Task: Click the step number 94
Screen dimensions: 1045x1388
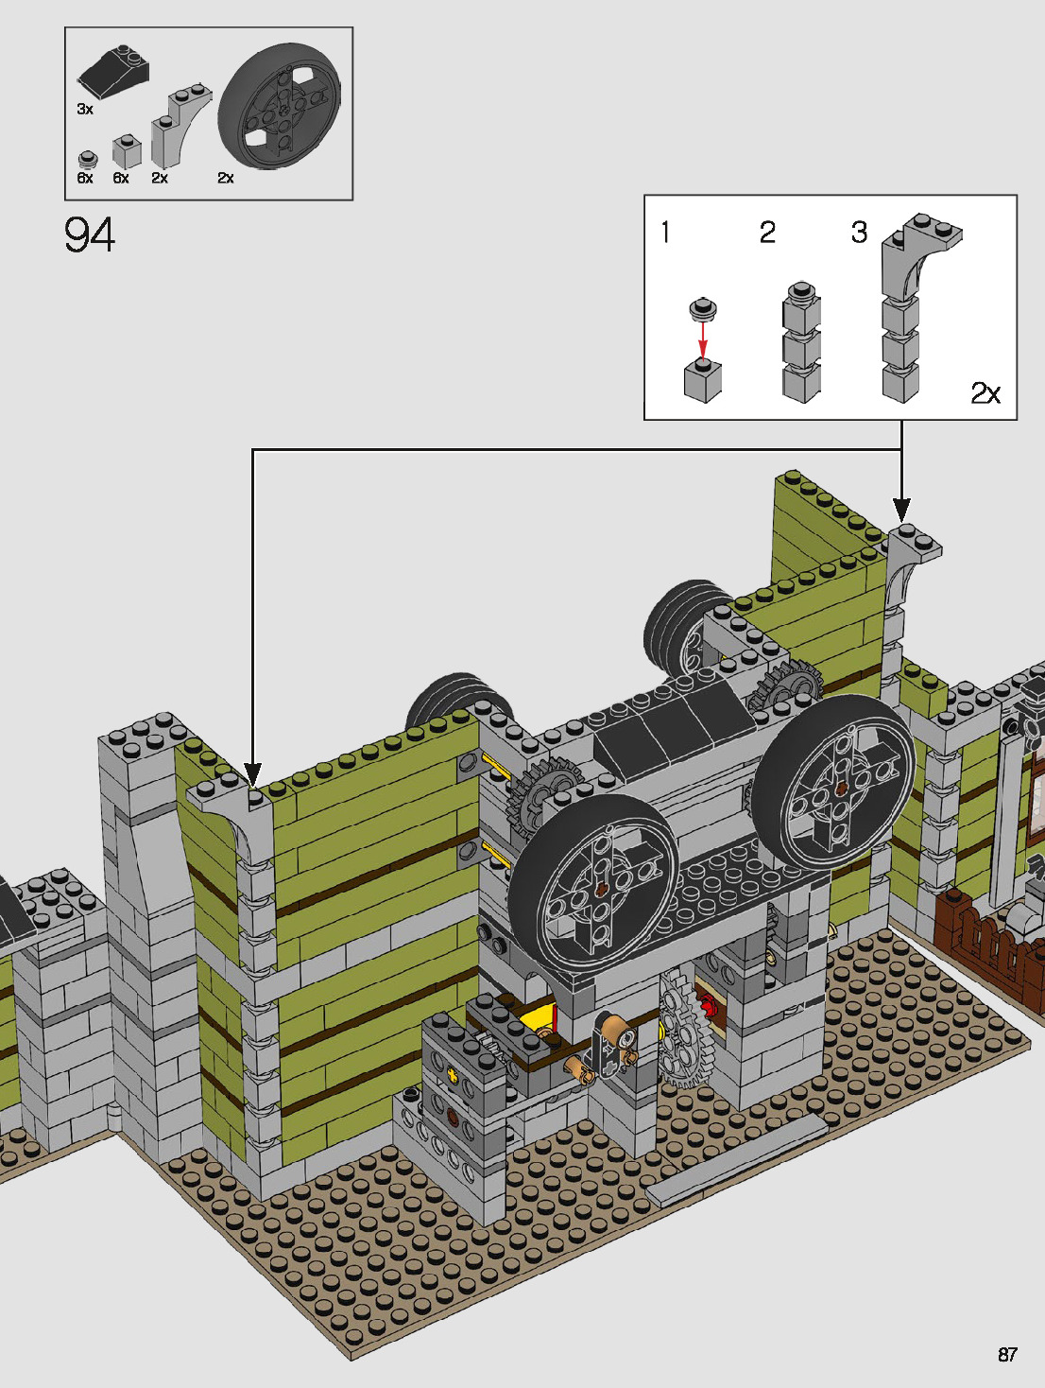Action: pos(89,234)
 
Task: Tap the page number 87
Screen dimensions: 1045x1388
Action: pos(1007,1354)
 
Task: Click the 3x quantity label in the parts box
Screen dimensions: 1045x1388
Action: pos(85,110)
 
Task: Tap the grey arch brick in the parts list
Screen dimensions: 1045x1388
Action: pos(180,125)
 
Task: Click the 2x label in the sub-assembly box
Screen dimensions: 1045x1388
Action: pos(985,393)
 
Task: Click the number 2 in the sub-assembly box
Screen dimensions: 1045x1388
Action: pos(767,233)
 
